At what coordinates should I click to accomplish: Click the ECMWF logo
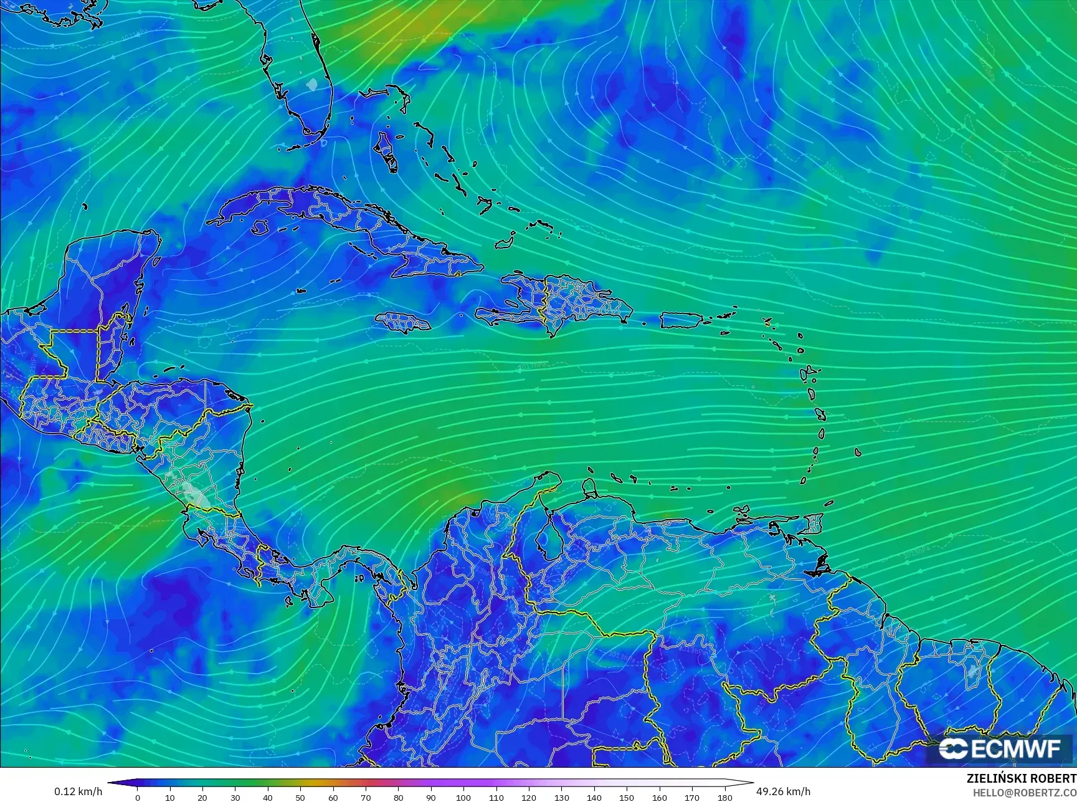click(999, 748)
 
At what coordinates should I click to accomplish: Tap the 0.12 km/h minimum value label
click(78, 791)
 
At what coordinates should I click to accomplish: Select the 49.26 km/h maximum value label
click(783, 791)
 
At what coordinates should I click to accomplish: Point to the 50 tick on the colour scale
click(300, 797)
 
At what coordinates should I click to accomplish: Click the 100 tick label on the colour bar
click(463, 797)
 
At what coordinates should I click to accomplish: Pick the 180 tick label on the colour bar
click(724, 797)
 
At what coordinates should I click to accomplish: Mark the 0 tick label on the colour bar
click(138, 797)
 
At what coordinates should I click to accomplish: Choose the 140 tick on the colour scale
click(594, 797)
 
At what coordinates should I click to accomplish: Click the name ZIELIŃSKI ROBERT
click(1021, 778)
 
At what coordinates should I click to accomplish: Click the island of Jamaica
click(403, 322)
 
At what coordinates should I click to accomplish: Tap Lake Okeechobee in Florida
click(313, 83)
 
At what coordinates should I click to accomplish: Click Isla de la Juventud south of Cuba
click(261, 227)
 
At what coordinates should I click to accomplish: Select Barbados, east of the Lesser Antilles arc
click(858, 452)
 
